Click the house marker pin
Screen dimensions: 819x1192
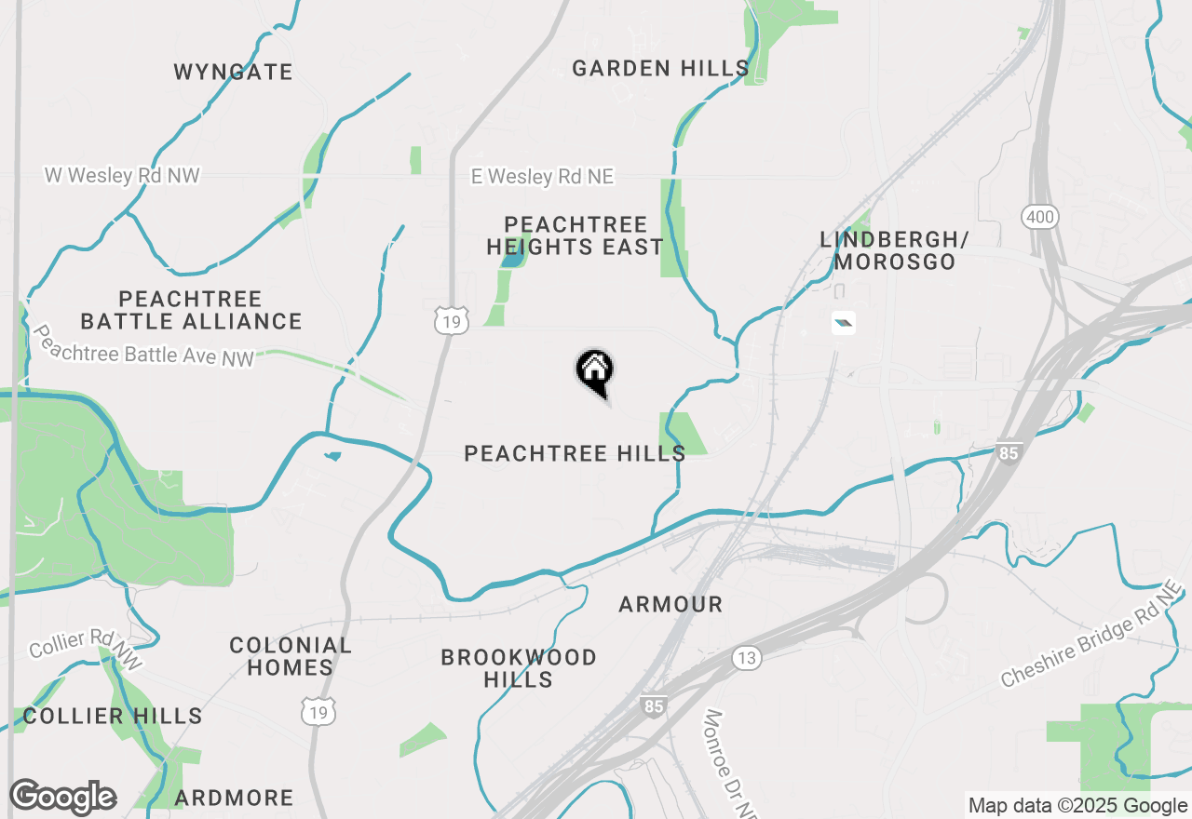(x=594, y=370)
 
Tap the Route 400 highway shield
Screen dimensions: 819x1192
(x=1038, y=218)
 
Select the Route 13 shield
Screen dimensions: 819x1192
(x=746, y=658)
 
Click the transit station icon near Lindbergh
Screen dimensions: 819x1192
(x=843, y=323)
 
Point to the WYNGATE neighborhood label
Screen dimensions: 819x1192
(x=234, y=72)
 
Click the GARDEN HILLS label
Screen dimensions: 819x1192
(x=660, y=68)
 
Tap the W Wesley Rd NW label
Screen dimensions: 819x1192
(x=122, y=175)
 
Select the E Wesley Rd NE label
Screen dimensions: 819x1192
(x=542, y=177)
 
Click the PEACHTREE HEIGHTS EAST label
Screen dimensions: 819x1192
(x=576, y=235)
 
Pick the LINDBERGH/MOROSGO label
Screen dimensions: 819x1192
(x=894, y=250)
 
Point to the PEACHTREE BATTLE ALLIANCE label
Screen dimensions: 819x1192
(x=191, y=310)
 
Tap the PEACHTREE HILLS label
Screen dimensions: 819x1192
(x=575, y=453)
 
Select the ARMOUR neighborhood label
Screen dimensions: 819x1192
(x=670, y=604)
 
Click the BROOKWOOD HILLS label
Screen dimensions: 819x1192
(x=519, y=668)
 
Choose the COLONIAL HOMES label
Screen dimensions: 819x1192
(x=291, y=656)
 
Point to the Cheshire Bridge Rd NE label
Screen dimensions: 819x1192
(x=1091, y=638)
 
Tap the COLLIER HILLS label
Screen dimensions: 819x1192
(x=113, y=716)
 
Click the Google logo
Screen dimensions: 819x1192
(x=62, y=798)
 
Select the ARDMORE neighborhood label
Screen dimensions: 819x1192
(x=234, y=798)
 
